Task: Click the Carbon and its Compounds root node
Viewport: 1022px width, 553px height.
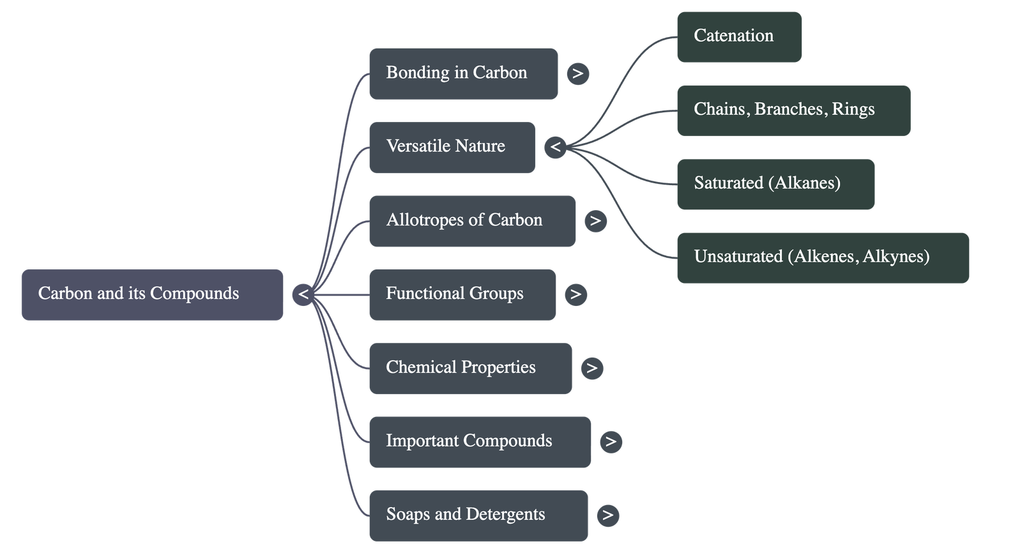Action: point(152,294)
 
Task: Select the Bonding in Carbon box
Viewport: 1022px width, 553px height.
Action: point(463,73)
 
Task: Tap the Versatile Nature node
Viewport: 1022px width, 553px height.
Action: point(452,147)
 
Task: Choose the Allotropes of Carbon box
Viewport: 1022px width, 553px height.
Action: point(472,220)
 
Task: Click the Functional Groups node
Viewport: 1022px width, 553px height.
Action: point(462,294)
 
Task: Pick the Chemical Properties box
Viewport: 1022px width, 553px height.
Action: point(470,368)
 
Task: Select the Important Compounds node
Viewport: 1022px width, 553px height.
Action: point(480,441)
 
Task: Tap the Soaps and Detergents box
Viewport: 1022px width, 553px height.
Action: point(478,515)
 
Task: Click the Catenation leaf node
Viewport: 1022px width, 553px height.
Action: point(739,36)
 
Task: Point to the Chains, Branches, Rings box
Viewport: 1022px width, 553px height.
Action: point(793,110)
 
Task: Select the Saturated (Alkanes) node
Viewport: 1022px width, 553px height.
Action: point(775,184)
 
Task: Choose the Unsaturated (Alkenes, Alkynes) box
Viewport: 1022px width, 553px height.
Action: point(823,257)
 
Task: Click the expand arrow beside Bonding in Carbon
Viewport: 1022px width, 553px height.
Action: point(578,73)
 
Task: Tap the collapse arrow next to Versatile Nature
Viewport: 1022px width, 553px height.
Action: point(556,148)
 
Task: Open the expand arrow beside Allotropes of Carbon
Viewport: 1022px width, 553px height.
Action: point(595,221)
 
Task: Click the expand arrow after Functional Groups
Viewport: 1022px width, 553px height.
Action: point(576,294)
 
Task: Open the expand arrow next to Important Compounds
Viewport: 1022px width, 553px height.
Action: point(611,442)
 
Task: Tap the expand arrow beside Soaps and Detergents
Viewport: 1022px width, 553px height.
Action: point(607,515)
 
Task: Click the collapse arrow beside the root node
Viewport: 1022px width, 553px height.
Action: point(303,294)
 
